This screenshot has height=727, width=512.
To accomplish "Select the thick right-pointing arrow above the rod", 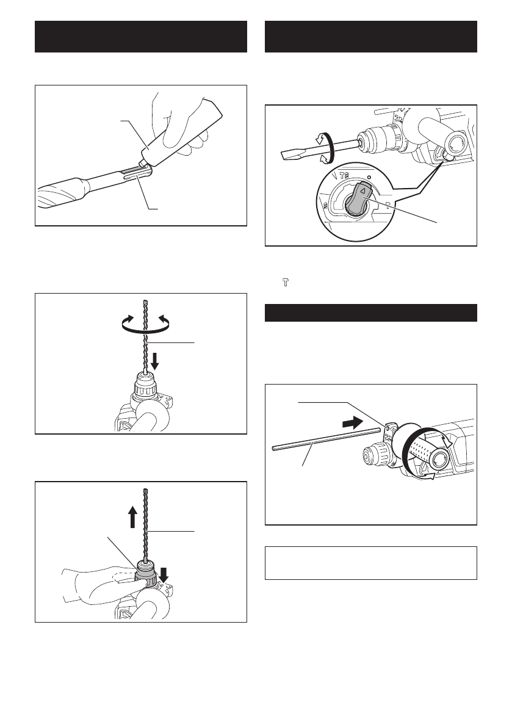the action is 356,421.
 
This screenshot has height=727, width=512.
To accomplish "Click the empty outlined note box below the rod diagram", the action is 370,563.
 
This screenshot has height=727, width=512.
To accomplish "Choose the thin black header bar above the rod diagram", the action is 370,312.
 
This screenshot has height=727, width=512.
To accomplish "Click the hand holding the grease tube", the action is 183,116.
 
